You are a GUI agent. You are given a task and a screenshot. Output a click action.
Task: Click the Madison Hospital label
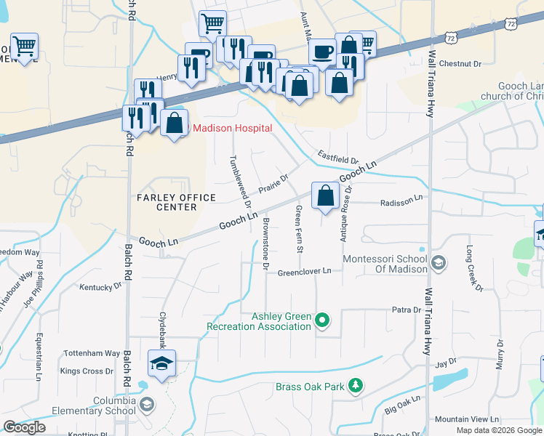pyautogui.click(x=232, y=129)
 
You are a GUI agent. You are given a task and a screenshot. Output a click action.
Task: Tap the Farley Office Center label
pyautogui.click(x=176, y=202)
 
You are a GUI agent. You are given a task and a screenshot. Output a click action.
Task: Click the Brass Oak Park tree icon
pyautogui.click(x=355, y=385)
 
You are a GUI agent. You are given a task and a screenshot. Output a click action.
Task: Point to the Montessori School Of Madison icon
pyautogui.click(x=438, y=262)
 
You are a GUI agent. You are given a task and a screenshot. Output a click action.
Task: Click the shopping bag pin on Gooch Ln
pyautogui.click(x=324, y=197)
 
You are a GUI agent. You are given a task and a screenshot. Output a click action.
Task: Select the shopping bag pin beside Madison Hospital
pyautogui.click(x=175, y=124)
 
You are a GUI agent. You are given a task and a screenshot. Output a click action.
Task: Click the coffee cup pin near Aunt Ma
pyautogui.click(x=321, y=53)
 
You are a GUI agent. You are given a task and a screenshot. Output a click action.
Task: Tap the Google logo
pyautogui.click(x=25, y=427)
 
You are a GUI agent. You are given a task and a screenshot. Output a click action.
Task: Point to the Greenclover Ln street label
pyautogui.click(x=304, y=272)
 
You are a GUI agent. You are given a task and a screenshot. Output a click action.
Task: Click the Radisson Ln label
pyautogui.click(x=401, y=200)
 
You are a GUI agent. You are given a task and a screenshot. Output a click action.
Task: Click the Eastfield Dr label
pyautogui.click(x=337, y=157)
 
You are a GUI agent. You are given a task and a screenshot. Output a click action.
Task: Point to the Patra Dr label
pyautogui.click(x=407, y=310)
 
